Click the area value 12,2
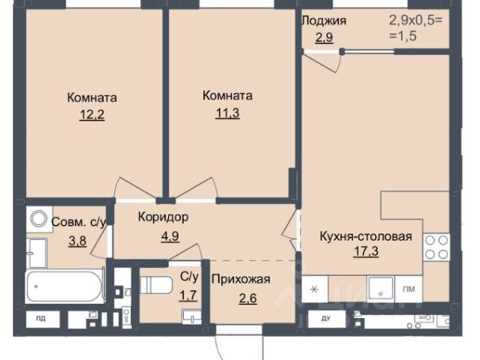pyautogui.click(x=91, y=115)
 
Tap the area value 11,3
pyautogui.click(x=227, y=113)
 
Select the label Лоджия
pyautogui.click(x=324, y=21)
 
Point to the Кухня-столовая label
pyautogui.click(x=366, y=237)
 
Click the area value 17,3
pyautogui.click(x=366, y=251)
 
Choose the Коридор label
pyautogui.click(x=163, y=217)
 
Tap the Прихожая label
pyautogui.click(x=241, y=280)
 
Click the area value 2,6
pyautogui.click(x=248, y=298)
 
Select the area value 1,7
pyautogui.click(x=188, y=296)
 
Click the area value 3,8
pyautogui.click(x=77, y=241)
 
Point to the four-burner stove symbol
pyautogui.click(x=436, y=247)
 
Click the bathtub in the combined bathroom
pyautogui.click(x=65, y=286)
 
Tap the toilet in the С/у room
pyautogui.click(x=156, y=285)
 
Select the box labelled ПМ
pyautogui.click(x=409, y=289)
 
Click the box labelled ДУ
pyautogui.click(x=325, y=319)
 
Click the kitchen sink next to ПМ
pyautogui.click(x=381, y=289)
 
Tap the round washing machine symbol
pyautogui.click(x=39, y=219)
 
